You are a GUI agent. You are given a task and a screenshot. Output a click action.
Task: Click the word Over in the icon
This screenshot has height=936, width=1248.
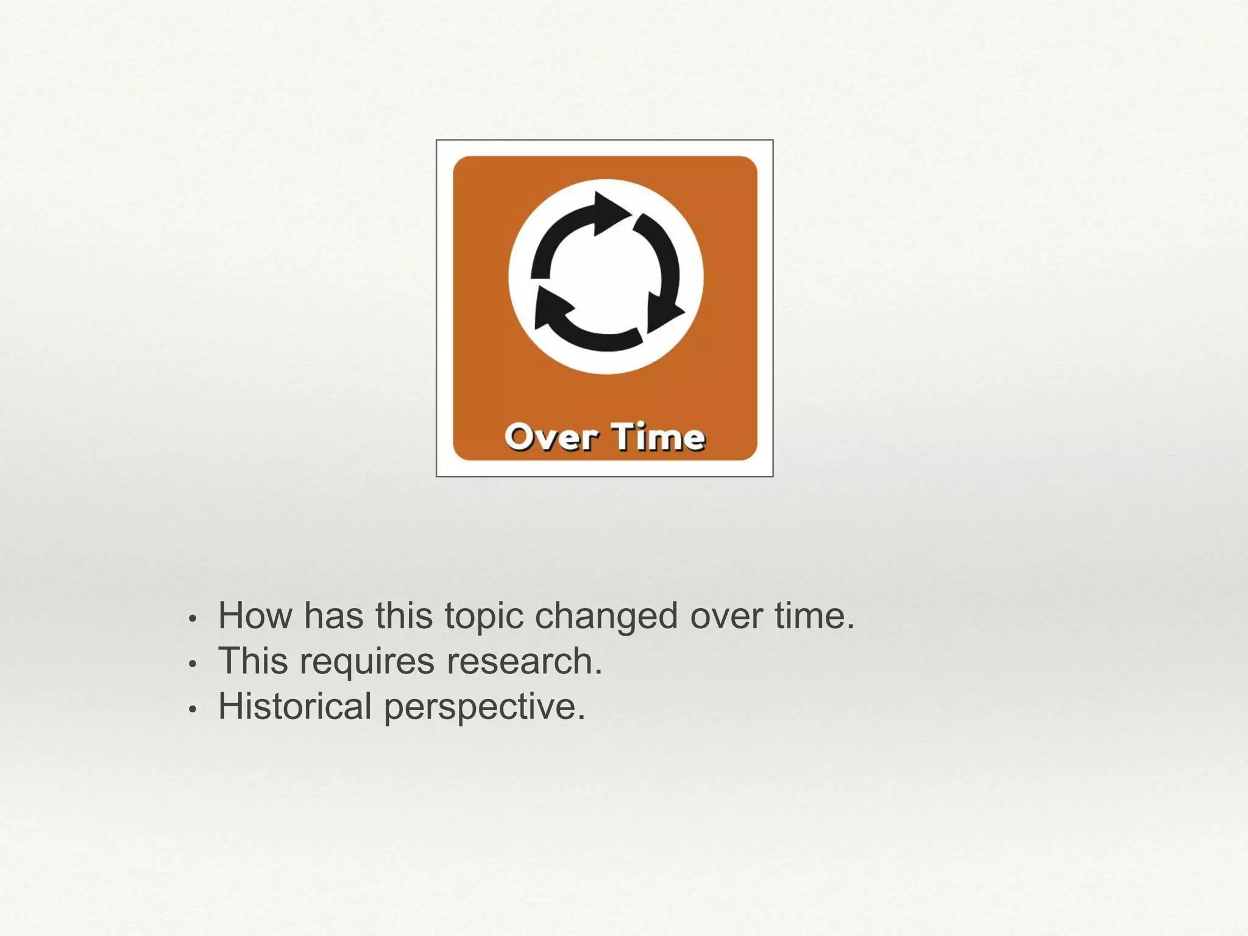point(549,438)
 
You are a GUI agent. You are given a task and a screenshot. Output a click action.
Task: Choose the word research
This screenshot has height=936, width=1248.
point(524,661)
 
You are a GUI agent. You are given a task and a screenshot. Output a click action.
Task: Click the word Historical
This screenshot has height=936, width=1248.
point(295,706)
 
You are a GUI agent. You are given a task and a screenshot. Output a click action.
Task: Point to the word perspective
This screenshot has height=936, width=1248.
point(484,706)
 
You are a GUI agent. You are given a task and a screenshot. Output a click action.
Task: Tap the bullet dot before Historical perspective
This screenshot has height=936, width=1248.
point(193,709)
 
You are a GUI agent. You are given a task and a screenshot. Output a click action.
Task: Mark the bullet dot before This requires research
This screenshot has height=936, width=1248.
point(193,664)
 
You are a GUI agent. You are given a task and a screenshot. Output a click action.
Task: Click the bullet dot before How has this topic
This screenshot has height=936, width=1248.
point(193,619)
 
